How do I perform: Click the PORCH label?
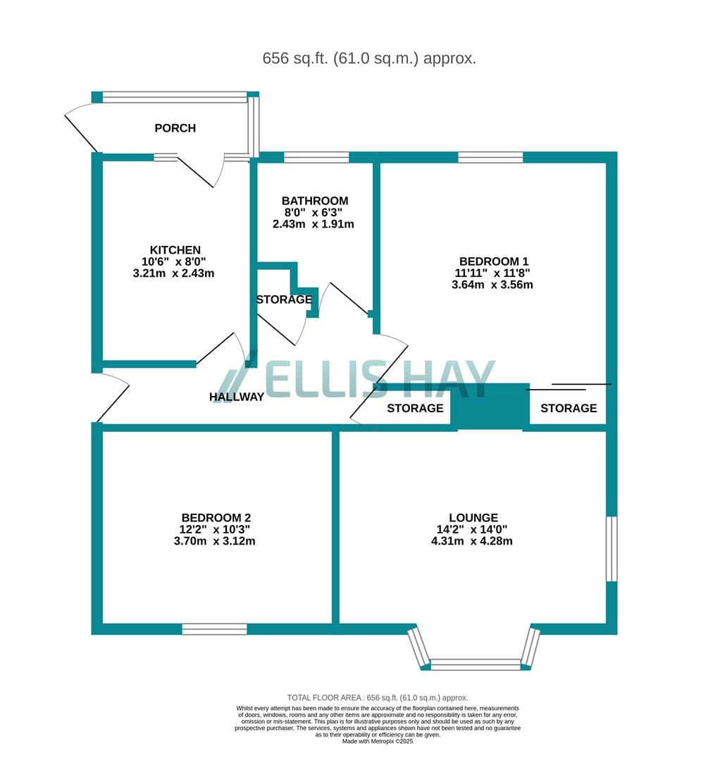tap(175, 128)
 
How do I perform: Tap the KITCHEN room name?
tap(175, 250)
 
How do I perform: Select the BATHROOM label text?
tap(315, 201)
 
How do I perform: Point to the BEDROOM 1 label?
tap(494, 261)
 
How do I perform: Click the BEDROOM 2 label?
tap(216, 518)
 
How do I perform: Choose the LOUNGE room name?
tap(473, 518)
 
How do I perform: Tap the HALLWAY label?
tap(237, 397)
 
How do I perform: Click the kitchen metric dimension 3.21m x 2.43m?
tap(174, 273)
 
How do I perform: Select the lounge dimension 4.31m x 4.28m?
tap(472, 541)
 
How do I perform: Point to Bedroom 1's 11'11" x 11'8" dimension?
tap(492, 273)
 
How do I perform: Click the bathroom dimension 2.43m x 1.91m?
tap(313, 224)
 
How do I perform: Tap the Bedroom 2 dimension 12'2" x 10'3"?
tap(215, 529)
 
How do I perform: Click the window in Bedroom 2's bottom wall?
tap(214, 629)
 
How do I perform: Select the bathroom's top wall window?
tap(316, 157)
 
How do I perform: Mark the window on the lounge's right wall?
tap(612, 549)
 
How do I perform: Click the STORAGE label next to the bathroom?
tap(285, 300)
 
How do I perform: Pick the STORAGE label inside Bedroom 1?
tap(569, 409)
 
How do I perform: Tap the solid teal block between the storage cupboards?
tap(490, 407)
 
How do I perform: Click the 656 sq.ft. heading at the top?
tap(369, 58)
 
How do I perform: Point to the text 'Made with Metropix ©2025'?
tap(378, 741)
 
